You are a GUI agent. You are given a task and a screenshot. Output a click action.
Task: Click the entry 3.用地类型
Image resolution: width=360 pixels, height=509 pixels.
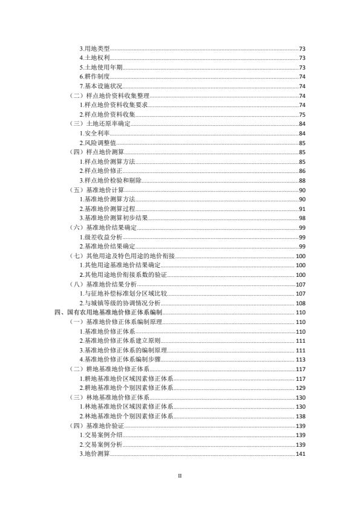[x=94, y=48]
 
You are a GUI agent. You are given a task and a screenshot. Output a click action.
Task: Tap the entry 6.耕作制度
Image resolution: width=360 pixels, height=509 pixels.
[x=94, y=77]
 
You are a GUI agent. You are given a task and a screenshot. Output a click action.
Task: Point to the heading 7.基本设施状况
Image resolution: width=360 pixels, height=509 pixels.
[x=100, y=86]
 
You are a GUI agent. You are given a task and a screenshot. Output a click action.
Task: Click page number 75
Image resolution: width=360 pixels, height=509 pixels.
[x=302, y=114]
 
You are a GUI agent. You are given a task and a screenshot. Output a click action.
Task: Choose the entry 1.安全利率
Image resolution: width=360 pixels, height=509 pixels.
[x=94, y=133]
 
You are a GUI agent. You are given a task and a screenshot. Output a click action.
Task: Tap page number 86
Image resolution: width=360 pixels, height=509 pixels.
[x=302, y=171]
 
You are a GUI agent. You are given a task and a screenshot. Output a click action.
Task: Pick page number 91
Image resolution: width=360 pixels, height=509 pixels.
[x=302, y=209]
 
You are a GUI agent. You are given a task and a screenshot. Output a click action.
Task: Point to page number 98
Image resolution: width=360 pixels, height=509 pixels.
[x=302, y=218]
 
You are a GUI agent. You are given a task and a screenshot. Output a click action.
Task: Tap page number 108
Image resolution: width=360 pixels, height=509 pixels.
[x=301, y=303]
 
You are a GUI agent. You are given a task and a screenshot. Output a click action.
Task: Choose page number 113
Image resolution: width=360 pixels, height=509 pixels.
[x=301, y=360]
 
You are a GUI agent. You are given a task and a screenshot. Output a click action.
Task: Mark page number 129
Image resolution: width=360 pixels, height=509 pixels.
[x=301, y=387]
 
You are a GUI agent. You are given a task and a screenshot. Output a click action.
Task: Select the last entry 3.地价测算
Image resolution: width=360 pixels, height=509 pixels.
[x=94, y=455]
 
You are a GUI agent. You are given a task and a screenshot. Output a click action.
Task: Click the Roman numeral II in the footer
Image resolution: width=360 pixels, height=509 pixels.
[x=180, y=476]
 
